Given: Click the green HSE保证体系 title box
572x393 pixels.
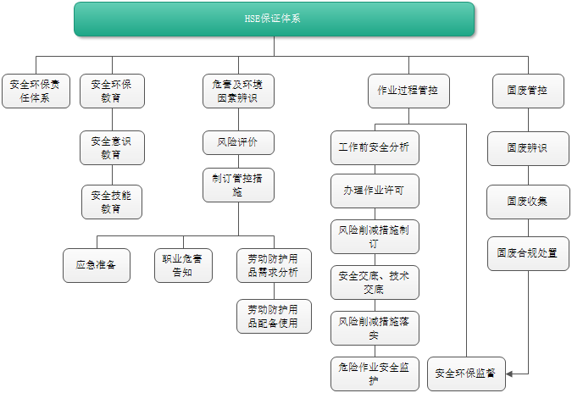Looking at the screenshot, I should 274,19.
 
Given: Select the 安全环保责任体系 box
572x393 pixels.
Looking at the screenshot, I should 35,91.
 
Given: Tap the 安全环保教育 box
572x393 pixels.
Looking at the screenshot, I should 112,91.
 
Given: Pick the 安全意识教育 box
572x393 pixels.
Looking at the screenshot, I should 112,147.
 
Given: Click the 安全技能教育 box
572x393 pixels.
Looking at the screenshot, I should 112,202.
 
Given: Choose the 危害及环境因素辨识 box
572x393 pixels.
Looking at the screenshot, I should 238,91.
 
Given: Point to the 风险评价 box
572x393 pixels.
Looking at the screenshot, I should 238,142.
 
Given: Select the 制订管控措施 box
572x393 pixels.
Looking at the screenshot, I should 238,185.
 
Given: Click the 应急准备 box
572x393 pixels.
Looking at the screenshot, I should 96,265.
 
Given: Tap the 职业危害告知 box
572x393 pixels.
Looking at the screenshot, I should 183,265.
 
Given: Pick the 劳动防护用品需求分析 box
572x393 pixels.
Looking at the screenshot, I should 273,265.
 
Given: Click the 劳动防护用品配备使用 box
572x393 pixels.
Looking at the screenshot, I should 273,315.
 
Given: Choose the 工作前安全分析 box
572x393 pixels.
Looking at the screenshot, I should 374,147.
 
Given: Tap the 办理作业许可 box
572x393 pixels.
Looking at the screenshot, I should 374,191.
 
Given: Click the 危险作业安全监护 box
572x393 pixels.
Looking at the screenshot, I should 374,374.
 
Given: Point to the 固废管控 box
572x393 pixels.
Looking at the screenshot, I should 528,91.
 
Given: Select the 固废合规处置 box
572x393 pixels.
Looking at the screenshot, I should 528,252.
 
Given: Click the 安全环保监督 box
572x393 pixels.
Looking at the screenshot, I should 466,373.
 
